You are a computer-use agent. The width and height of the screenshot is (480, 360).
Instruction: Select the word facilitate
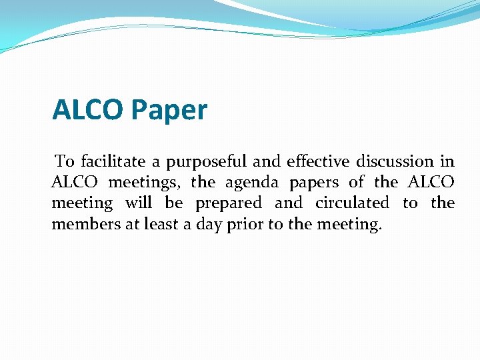[112, 161]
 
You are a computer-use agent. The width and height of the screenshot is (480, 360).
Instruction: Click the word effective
[318, 161]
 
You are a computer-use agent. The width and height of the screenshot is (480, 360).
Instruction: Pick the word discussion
[395, 161]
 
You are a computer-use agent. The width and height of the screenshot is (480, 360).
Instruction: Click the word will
[139, 203]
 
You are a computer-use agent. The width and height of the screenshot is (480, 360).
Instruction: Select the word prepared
[229, 203]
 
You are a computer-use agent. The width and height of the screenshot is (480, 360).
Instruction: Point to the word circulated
[352, 203]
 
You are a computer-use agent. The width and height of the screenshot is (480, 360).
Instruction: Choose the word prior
[245, 225]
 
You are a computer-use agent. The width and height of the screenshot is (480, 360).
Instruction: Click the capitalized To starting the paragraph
[65, 161]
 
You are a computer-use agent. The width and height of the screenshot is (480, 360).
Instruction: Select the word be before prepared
[173, 203]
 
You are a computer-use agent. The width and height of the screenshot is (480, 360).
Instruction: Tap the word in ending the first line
[447, 161]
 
